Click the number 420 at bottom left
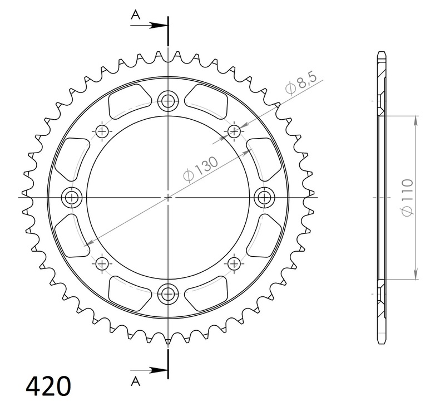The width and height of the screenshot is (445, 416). tap(48, 385)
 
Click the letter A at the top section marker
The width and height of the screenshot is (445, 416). tap(135, 15)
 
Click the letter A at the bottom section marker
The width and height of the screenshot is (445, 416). tap(135, 380)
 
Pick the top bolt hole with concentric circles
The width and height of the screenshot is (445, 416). tap(167, 101)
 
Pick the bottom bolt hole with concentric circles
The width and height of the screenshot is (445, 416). tap(167, 293)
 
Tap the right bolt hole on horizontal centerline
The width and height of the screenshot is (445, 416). tap(263, 197)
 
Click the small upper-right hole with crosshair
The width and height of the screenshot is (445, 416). tap(234, 131)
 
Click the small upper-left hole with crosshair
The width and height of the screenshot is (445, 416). tap(101, 131)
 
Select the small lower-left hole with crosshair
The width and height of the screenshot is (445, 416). tap(101, 263)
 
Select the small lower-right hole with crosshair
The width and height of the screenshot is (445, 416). tap(234, 263)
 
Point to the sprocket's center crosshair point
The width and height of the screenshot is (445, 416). tap(167, 197)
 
